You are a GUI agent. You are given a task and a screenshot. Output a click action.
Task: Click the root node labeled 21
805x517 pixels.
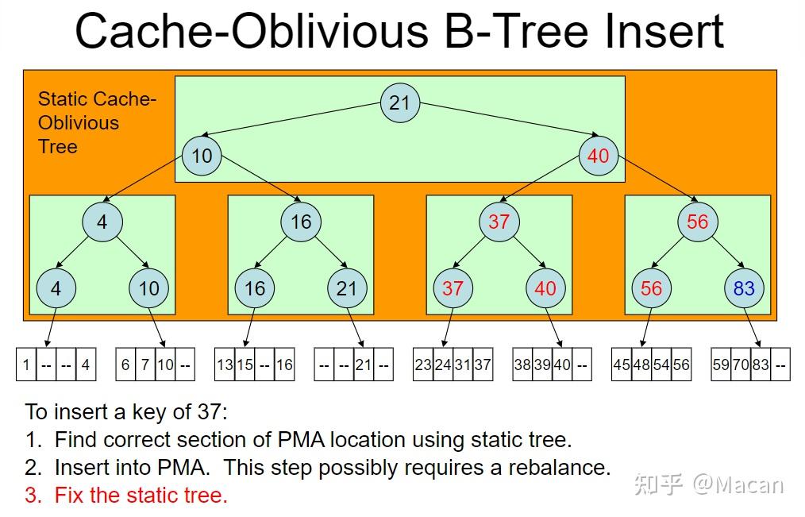click(x=400, y=102)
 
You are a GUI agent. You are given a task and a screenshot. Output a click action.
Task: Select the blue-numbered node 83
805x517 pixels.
click(x=744, y=288)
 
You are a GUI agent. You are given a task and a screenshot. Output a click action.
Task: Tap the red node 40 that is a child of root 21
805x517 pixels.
click(x=598, y=156)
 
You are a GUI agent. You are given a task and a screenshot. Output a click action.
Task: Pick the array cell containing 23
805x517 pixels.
click(x=423, y=365)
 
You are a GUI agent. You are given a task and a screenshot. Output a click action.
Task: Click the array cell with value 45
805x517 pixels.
click(x=621, y=365)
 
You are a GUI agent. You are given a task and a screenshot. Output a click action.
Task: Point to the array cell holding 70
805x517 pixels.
click(x=741, y=365)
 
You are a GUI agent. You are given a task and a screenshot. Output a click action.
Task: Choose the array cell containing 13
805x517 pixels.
click(x=225, y=365)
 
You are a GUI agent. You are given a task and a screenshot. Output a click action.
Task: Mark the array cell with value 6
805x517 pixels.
click(x=125, y=365)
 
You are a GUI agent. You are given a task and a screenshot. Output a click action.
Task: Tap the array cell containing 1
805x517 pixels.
click(x=26, y=365)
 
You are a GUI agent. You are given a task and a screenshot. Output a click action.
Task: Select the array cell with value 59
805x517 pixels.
click(x=721, y=365)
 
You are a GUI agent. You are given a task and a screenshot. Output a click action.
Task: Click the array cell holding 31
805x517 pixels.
click(x=463, y=365)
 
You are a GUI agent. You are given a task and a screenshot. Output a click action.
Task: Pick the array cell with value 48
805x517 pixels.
click(x=641, y=365)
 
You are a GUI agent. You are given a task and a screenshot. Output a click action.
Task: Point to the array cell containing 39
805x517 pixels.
click(x=542, y=365)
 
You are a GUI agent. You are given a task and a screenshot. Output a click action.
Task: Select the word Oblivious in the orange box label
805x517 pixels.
click(x=79, y=123)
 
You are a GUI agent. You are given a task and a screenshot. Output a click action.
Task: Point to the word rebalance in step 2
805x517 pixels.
click(x=559, y=467)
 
